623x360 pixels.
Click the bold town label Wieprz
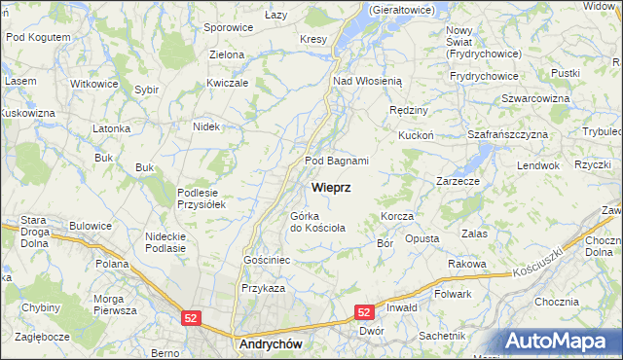(331, 186)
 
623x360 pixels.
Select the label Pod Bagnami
(337, 161)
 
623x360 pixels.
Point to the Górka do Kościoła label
(316, 222)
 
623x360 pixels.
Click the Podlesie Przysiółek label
(202, 198)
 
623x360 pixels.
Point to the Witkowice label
(93, 84)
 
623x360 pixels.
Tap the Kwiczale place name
(228, 84)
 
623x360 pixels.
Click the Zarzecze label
(458, 181)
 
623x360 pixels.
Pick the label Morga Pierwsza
(114, 305)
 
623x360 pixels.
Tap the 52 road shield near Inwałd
(364, 312)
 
